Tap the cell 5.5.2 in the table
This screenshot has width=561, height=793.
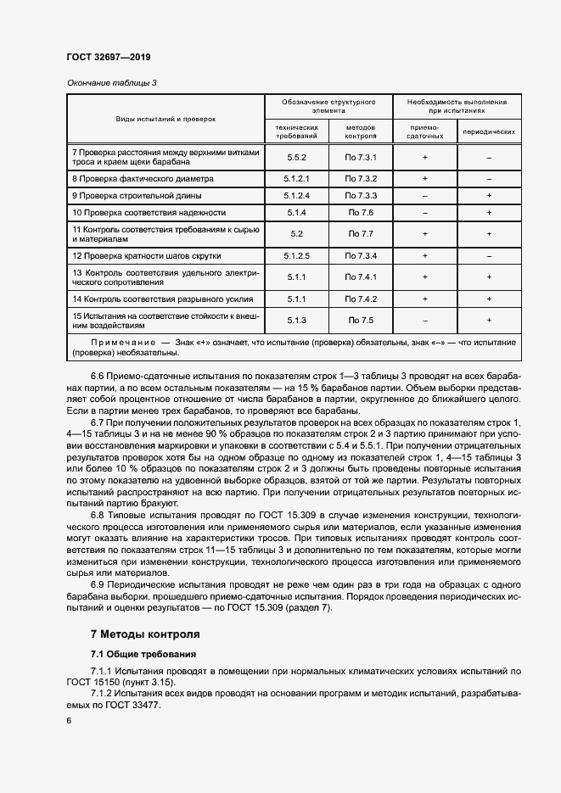click(296, 158)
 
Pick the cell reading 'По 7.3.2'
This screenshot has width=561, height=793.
click(360, 179)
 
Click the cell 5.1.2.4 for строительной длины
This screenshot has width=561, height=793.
click(296, 196)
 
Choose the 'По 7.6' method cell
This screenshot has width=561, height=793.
click(360, 213)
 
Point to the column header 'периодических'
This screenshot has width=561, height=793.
click(489, 133)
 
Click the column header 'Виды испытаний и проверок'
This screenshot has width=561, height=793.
click(166, 120)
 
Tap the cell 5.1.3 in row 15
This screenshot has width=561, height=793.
click(296, 320)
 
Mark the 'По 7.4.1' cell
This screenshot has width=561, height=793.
click(360, 276)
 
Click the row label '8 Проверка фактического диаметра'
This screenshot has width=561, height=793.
click(143, 179)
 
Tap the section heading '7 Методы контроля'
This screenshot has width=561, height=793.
click(144, 634)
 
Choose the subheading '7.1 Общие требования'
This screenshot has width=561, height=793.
click(143, 654)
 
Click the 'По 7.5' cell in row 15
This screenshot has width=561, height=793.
click(360, 320)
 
